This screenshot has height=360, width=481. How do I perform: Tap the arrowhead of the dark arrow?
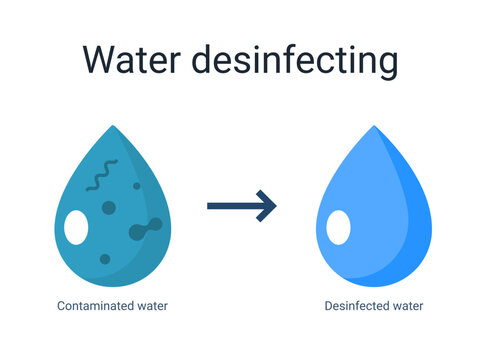click(267, 206)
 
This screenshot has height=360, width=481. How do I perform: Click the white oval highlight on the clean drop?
click(339, 227)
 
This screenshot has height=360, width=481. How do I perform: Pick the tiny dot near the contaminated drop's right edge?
click(136, 186)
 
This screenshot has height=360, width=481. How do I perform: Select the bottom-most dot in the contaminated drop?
click(103, 259)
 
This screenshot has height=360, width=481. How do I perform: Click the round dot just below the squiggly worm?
click(109, 207)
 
